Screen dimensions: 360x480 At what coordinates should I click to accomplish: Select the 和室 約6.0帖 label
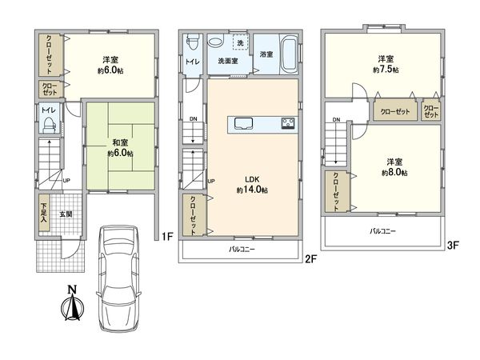[x=117, y=148]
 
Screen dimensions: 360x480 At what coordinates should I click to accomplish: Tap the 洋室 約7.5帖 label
[x=387, y=65]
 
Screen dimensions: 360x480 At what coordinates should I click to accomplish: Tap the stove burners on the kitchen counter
[x=287, y=124]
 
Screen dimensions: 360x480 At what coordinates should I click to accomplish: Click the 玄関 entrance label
[x=65, y=214]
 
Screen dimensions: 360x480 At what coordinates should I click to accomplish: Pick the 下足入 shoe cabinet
[x=44, y=214]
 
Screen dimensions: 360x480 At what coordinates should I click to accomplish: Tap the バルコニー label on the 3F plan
[x=382, y=230]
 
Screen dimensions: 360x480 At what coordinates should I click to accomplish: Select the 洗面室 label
[x=228, y=60]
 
